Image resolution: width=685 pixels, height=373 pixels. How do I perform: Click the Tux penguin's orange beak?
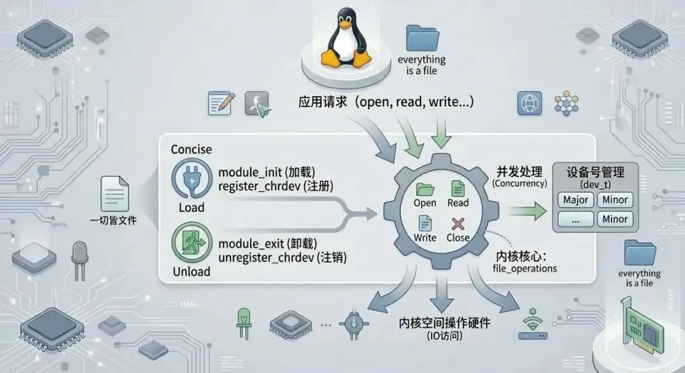(345, 28)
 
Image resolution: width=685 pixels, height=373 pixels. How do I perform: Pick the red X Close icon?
(458, 223)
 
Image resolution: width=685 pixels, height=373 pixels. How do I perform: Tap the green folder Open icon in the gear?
(424, 188)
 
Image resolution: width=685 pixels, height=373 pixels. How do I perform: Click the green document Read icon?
(457, 188)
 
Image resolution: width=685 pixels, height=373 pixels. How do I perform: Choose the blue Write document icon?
(424, 223)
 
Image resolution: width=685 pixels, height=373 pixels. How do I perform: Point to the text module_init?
(250, 172)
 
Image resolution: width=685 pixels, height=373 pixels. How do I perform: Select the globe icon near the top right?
(528, 103)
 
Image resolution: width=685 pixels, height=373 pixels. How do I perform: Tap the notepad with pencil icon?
(221, 103)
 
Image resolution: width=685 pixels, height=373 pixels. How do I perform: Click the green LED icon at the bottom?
(244, 321)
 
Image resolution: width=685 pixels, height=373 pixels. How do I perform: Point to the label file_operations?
(525, 269)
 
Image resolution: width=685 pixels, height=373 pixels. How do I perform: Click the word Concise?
(192, 149)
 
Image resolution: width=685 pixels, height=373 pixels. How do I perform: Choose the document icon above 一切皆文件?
(114, 193)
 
